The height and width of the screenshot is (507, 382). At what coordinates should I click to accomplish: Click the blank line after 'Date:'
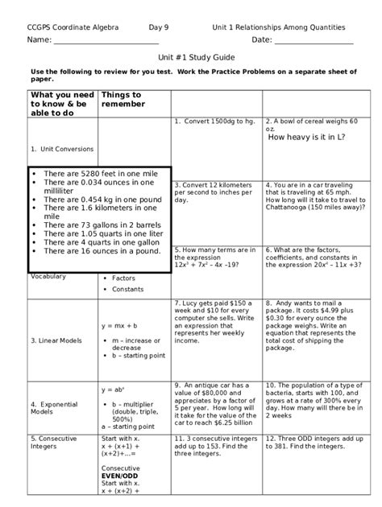tap(314, 40)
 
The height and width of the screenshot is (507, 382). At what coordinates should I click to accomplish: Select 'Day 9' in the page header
tap(161, 27)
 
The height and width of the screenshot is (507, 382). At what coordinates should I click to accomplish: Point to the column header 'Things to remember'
tap(121, 100)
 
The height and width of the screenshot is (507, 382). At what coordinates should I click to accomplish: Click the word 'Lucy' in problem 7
tap(190, 303)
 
